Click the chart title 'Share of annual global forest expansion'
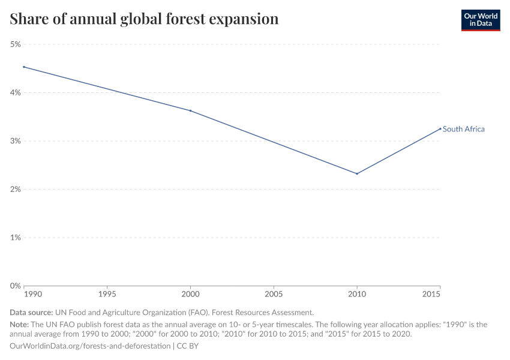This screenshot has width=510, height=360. [144, 19]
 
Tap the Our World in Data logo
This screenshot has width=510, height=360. [480, 20]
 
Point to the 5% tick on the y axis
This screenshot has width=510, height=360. [15, 44]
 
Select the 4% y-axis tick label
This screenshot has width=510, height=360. [15, 92]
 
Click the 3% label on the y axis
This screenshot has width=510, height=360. [15, 141]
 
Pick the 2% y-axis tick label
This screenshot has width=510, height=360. [15, 189]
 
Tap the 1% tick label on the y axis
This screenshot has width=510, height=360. [15, 238]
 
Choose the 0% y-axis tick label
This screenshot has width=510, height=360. [15, 286]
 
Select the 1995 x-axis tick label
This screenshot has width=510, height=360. [107, 295]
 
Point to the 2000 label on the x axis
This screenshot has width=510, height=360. [190, 295]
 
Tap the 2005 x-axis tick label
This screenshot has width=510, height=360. [274, 295]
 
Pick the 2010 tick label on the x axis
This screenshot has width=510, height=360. [357, 295]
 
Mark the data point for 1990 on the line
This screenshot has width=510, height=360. [24, 67]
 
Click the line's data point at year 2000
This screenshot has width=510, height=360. [190, 110]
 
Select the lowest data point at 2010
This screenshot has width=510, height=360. [357, 173]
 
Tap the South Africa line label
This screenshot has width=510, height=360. [464, 129]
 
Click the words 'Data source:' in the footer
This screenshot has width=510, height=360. [31, 312]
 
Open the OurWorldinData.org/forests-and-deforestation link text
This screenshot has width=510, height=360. [90, 346]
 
